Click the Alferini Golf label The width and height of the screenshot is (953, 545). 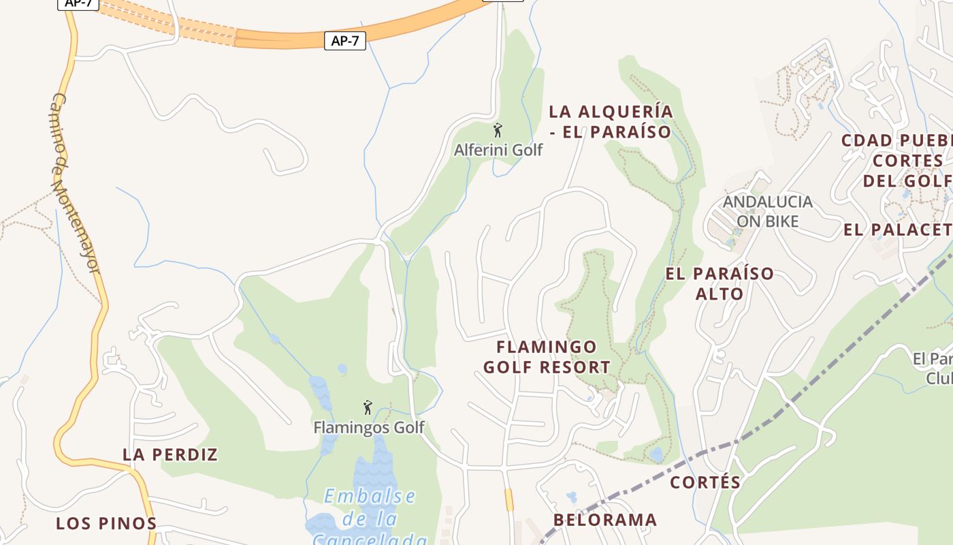coord(498,150)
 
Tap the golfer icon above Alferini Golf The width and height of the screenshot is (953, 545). coord(498,130)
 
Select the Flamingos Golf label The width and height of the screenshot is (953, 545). coord(368,427)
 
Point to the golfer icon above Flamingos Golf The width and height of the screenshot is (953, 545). coord(368,408)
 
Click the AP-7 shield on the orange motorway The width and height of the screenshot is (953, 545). coord(344,41)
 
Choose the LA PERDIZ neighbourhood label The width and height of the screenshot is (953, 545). coord(170,454)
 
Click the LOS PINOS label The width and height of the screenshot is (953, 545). coord(106,523)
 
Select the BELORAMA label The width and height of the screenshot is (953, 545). coord(605,520)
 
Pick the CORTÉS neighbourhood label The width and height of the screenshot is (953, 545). coord(705,482)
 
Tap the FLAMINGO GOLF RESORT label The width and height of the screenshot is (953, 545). coord(547,357)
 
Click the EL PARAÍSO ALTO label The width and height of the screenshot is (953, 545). coord(720,283)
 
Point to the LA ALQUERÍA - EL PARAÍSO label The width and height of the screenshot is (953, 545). coord(611,121)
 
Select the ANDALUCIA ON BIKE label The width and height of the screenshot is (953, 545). coord(768,211)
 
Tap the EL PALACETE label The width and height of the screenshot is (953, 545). coord(897,230)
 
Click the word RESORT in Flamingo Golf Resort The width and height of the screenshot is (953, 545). coord(577,367)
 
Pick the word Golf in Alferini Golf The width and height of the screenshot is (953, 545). coord(527,150)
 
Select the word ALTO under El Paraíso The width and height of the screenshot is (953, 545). coord(720,294)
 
